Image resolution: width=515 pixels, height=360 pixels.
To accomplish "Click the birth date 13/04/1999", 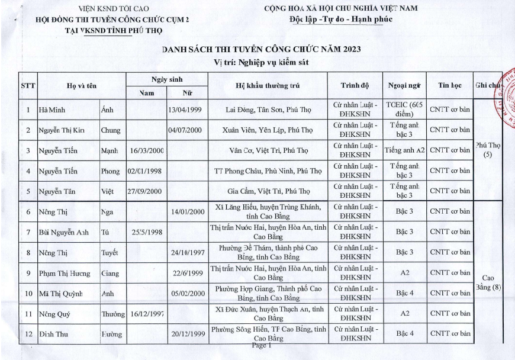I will coord(186,110).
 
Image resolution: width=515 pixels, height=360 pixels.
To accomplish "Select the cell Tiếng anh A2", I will coord(405,150).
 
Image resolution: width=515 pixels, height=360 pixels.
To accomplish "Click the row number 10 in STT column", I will coord(28,293).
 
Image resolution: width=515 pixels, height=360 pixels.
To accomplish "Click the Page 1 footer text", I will coord(261,345).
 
